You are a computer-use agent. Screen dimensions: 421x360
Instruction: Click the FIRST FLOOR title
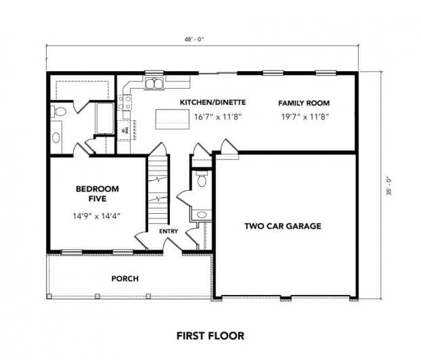210,336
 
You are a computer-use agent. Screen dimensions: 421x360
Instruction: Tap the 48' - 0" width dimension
194,39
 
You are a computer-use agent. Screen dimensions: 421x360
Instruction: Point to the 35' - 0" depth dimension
389,186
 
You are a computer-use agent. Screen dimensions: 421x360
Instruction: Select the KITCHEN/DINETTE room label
213,102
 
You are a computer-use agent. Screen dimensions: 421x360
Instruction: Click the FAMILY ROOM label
304,103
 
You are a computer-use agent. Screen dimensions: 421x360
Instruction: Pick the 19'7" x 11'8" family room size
305,117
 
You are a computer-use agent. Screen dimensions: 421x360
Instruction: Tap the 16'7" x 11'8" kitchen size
218,117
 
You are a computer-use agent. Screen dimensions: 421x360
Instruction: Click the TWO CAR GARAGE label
283,226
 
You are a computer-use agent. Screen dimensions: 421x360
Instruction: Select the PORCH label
125,279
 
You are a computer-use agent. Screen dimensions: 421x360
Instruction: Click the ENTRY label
169,231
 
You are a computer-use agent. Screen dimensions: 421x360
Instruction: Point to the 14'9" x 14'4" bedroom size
96,216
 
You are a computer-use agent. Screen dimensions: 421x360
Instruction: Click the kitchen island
173,119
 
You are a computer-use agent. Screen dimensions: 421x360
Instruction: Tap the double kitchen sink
154,83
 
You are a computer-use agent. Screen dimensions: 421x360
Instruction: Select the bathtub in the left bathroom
105,118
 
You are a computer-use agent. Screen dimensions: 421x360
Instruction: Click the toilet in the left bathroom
58,112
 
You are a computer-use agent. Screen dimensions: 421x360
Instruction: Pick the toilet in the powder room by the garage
202,179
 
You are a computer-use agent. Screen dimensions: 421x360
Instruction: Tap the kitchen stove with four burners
125,103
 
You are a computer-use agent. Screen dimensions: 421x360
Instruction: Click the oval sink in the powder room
202,215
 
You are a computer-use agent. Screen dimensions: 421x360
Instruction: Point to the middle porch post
97,296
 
